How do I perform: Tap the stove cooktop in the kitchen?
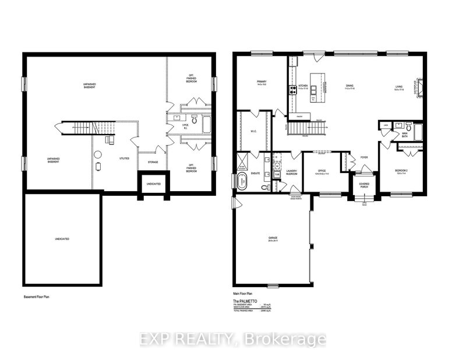290,90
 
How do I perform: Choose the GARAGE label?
270,238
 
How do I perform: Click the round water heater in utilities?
97,153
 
